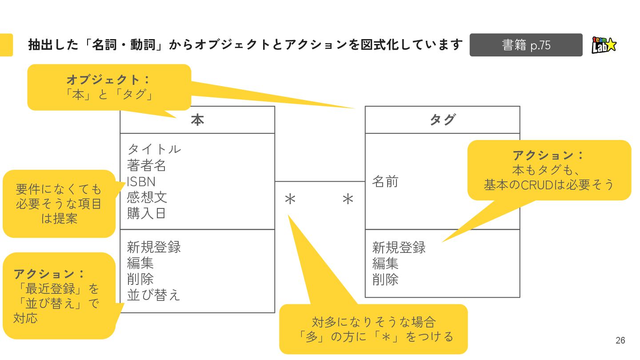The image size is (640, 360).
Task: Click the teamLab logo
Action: click(604, 45)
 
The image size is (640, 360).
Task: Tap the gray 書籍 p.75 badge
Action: click(526, 45)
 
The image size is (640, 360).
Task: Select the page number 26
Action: click(620, 340)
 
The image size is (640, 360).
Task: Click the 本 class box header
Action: click(197, 120)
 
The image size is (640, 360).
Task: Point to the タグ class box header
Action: click(442, 120)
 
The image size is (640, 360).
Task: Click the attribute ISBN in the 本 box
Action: click(141, 181)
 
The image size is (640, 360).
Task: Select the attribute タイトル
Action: click(154, 149)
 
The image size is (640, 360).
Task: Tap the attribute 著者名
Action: click(147, 165)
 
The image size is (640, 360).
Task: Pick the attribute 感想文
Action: click(147, 197)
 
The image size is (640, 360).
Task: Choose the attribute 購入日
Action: click(147, 213)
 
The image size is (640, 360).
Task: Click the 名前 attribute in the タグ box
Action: click(385, 181)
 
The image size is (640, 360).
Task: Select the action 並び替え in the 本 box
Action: click(153, 295)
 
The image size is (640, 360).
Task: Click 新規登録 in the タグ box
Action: click(399, 247)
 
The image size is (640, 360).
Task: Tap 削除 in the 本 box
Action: click(140, 279)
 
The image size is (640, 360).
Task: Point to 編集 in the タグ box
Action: click(385, 264)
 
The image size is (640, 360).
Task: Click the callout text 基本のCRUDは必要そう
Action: click(549, 184)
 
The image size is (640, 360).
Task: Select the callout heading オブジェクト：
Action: click(109, 80)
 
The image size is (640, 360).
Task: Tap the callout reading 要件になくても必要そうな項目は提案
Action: click(59, 204)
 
